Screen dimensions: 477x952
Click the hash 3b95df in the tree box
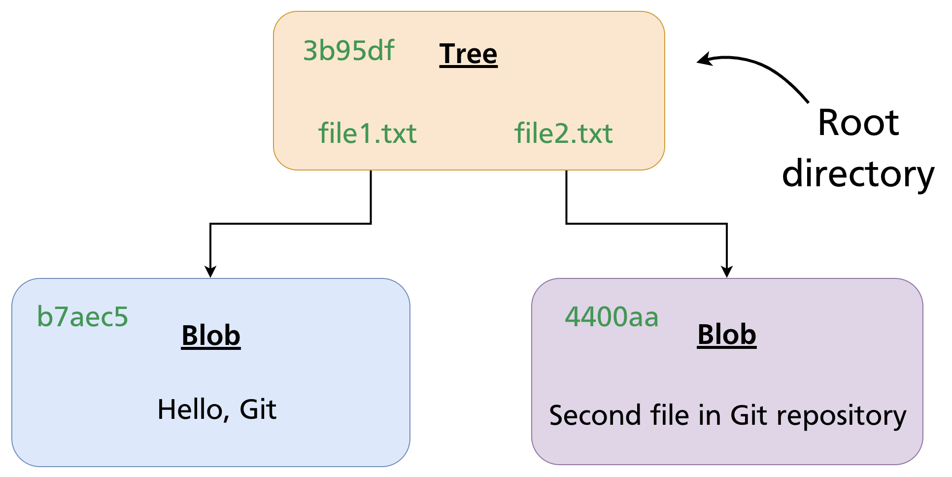pos(348,51)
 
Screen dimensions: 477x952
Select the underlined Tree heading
pos(468,54)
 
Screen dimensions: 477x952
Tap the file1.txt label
pos(367,134)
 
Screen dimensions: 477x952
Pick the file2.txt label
pos(563,134)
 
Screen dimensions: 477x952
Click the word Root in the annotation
pos(858,123)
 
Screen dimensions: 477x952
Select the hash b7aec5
pos(82,317)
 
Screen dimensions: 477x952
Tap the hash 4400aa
pos(611,317)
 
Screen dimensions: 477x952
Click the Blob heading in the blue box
pos(211,336)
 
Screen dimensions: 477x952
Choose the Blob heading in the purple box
pos(726,335)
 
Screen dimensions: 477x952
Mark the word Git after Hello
pos(258,410)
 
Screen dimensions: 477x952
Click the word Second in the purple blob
pos(594,415)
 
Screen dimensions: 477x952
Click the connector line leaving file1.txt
pos(371,197)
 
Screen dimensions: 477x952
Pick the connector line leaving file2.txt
pos(567,197)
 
